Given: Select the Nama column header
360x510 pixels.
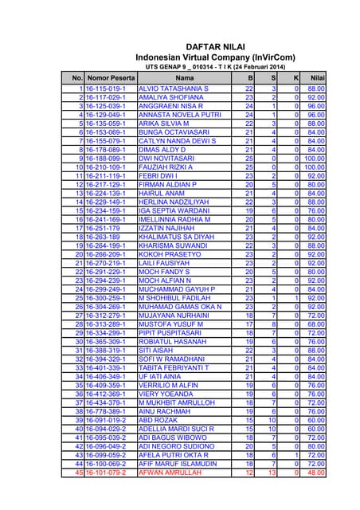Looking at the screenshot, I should tap(184, 78).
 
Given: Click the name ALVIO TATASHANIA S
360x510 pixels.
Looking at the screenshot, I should tap(173, 88).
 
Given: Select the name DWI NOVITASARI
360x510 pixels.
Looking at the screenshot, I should tap(166, 158).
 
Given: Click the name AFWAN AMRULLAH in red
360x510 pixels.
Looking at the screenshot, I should tap(170, 472).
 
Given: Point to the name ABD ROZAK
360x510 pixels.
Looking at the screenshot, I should tap(158, 420).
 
